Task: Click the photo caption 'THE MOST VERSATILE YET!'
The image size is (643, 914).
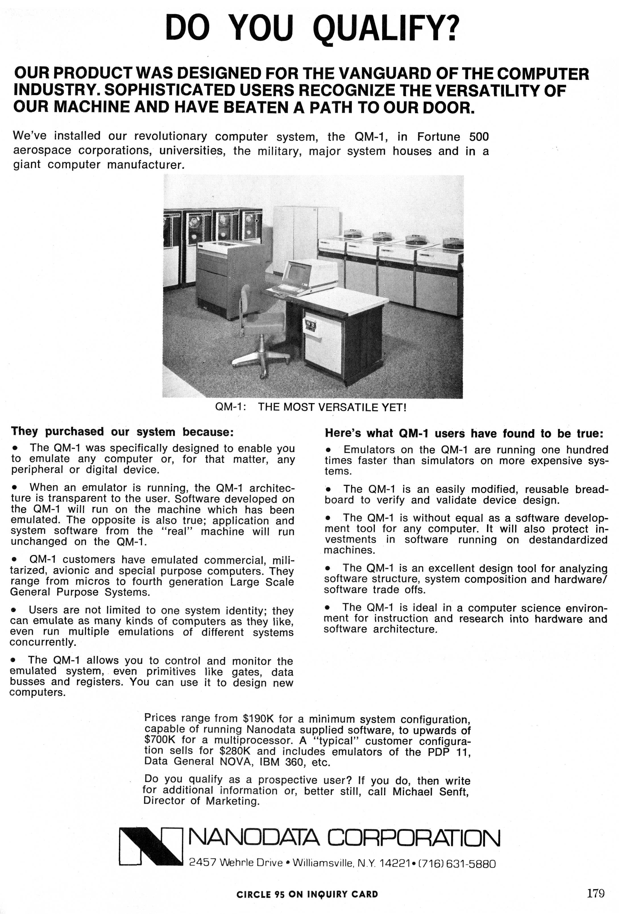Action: (x=332, y=407)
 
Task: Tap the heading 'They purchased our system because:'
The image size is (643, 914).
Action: (x=122, y=431)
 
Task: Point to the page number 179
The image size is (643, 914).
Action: (x=596, y=894)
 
